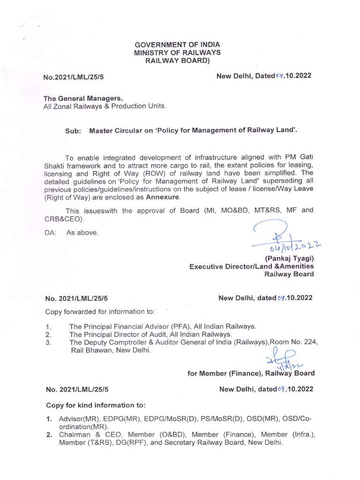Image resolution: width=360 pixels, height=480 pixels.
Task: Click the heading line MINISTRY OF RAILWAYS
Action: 177,52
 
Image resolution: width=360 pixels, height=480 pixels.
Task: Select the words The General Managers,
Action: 83,98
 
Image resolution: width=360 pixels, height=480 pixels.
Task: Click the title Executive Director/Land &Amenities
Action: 251,266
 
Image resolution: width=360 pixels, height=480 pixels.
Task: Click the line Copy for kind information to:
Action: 96,405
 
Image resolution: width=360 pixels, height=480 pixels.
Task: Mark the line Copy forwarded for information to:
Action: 100,311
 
